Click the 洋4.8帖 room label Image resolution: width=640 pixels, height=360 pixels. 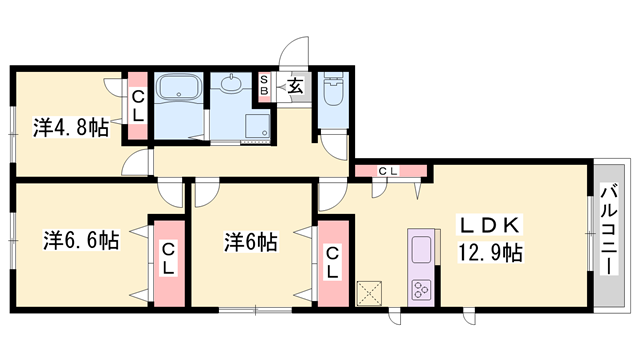[70, 127]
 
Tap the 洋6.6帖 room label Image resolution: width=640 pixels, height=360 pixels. [81, 241]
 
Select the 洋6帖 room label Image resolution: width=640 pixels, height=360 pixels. [250, 241]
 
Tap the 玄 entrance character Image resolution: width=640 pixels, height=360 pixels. [296, 86]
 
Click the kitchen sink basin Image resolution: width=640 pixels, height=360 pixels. [421, 249]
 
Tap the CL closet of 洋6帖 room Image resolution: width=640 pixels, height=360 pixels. [331, 259]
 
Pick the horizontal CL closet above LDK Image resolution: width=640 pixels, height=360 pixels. [389, 171]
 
